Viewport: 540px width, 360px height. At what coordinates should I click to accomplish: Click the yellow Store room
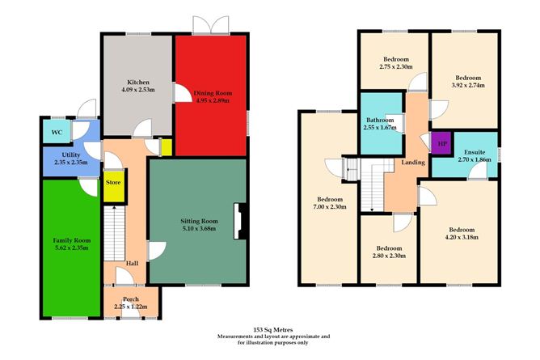point(113,183)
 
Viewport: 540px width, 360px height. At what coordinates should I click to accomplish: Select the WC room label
point(56,132)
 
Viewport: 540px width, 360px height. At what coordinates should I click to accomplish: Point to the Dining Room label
point(211,93)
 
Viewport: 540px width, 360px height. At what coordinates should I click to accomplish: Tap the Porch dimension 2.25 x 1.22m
point(132,306)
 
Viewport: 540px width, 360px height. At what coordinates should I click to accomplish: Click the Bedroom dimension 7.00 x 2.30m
point(330,207)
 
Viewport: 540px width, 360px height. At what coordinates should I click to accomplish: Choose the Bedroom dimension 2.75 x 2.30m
point(395,66)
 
